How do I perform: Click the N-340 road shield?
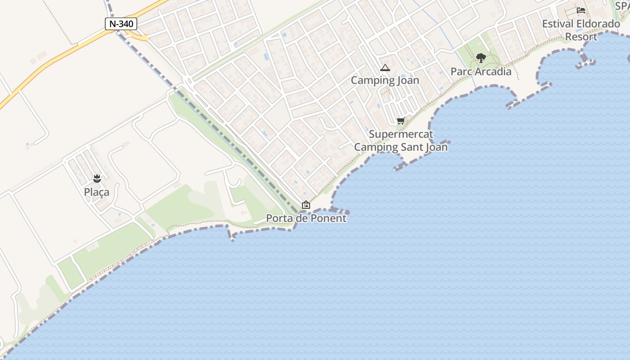pos(121,24)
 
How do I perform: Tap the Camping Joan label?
pos(385,81)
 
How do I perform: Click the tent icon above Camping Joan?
pos(385,68)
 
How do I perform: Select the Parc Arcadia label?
pos(481,72)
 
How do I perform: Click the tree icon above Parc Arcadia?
pos(481,58)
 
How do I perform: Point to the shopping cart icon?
pos(401,121)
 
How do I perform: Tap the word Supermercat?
pos(401,134)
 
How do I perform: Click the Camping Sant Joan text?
pos(401,147)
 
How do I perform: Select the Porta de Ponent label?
pos(306,218)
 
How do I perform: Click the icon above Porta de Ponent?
pos(306,205)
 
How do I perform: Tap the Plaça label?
pos(97,192)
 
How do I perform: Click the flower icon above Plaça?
pos(97,178)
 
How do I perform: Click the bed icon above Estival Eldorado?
pos(581,10)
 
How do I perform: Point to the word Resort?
pos(581,37)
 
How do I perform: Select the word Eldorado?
pos(598,24)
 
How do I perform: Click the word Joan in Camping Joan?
pos(409,81)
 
